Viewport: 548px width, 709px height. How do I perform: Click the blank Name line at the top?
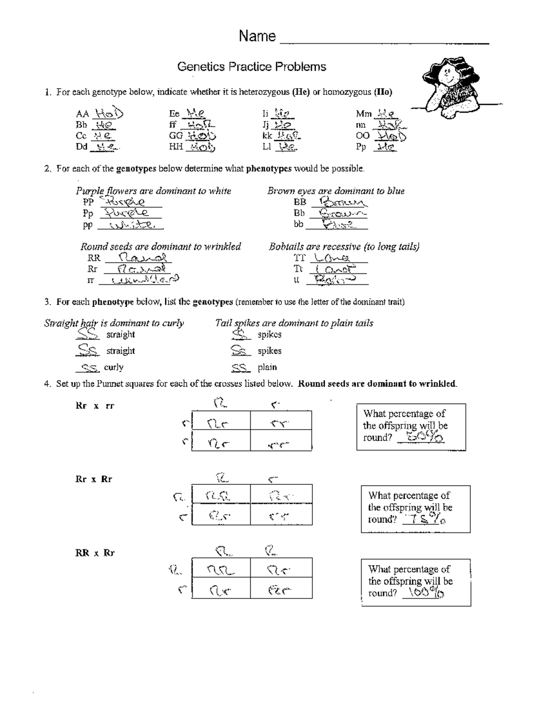[384, 43]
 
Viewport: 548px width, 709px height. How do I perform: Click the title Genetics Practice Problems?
[252, 67]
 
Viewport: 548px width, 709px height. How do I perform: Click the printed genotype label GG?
[176, 136]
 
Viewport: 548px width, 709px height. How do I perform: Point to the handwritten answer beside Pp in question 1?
[385, 147]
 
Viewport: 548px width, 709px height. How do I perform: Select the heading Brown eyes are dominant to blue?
[336, 191]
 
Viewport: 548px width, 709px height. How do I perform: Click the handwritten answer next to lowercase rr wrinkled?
[140, 280]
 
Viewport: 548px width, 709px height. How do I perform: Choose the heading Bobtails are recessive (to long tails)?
[344, 247]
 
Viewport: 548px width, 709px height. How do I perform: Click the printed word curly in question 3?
[114, 368]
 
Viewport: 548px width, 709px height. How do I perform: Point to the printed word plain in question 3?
[267, 368]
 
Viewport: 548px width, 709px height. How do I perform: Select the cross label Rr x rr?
[95, 406]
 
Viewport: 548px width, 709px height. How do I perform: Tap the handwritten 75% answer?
[426, 520]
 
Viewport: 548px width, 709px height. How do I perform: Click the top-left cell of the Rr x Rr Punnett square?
[221, 494]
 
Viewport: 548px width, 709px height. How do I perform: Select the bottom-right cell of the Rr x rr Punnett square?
[281, 441]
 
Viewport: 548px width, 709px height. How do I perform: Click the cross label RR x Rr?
[95, 553]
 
